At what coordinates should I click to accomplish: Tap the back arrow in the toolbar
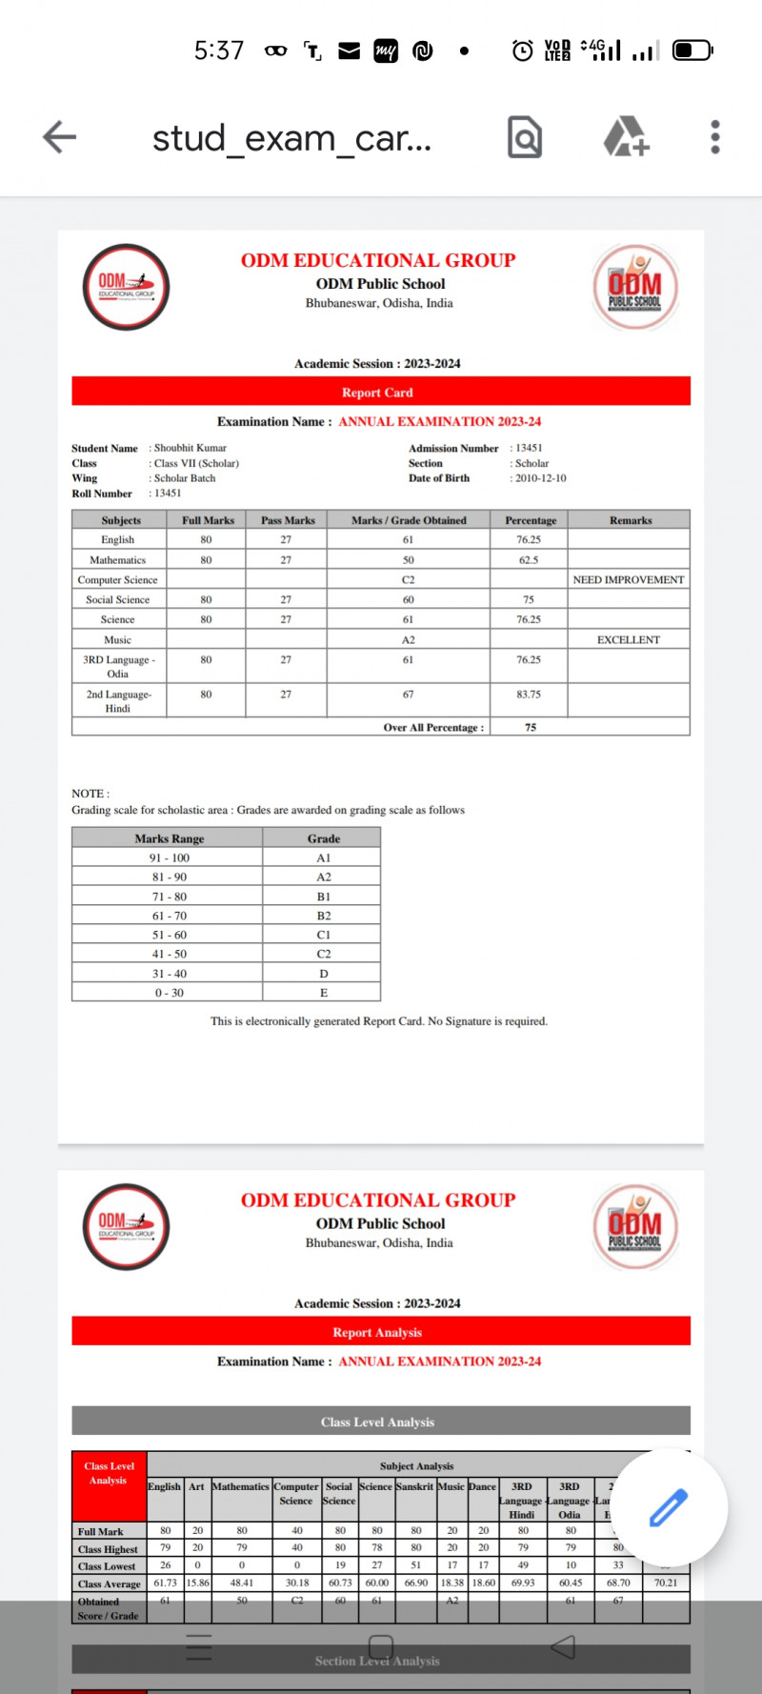(x=59, y=137)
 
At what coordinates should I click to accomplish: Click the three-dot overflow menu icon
(x=715, y=137)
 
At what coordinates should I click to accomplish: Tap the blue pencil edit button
(x=669, y=1506)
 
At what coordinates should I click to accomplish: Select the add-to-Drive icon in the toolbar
(x=627, y=137)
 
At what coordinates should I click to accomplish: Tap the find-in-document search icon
(x=525, y=137)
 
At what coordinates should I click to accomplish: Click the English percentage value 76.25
(x=529, y=540)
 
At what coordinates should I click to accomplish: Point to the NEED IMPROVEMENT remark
(x=629, y=580)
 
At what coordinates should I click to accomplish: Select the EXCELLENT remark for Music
(x=629, y=640)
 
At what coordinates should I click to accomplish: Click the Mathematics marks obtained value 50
(x=408, y=560)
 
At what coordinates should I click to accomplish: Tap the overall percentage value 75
(x=531, y=728)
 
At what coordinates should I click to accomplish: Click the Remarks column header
(x=631, y=521)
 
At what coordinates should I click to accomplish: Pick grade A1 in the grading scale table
(x=324, y=858)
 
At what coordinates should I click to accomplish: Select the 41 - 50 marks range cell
(x=170, y=954)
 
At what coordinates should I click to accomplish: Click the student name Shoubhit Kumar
(x=190, y=448)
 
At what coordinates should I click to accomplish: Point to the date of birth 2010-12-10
(x=541, y=478)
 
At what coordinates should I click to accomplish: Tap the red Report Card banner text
(x=378, y=393)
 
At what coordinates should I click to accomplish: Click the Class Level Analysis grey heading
(x=378, y=1422)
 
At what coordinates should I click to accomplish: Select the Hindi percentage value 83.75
(x=529, y=695)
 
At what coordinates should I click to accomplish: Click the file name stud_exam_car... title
(x=291, y=138)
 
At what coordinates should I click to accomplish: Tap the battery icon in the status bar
(x=692, y=50)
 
